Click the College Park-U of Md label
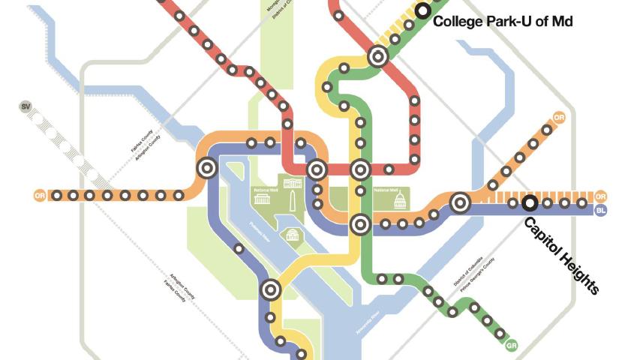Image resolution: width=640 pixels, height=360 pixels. tap(503, 22)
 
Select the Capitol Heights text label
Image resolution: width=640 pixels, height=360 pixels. tap(561, 256)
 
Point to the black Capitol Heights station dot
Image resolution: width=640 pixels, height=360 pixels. tap(530, 202)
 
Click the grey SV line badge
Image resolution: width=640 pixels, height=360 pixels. tap(27, 108)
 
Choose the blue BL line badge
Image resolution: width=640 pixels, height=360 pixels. tap(600, 211)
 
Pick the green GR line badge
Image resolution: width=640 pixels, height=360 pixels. tap(512, 345)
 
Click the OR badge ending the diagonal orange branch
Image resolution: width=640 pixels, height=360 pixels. tap(558, 118)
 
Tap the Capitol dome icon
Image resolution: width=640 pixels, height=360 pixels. tap(399, 200)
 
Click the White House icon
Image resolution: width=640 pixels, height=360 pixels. tap(294, 185)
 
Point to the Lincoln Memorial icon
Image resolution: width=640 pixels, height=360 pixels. tap(262, 200)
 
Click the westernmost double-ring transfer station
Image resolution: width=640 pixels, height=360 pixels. tap(206, 168)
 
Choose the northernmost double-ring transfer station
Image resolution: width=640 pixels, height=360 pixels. tap(377, 56)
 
